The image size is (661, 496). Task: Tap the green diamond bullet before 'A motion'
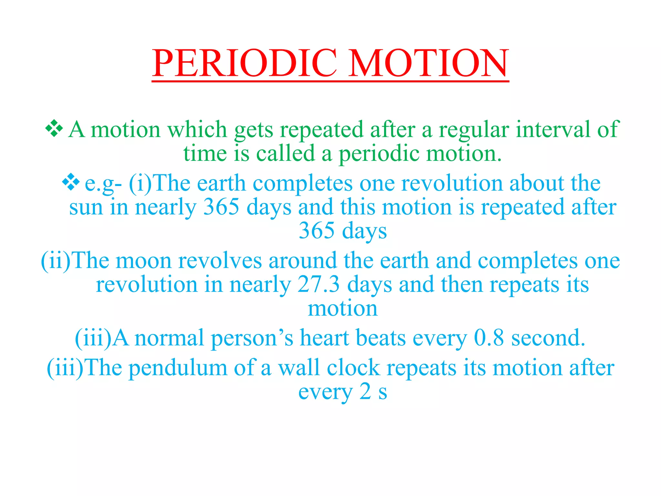pos(54,128)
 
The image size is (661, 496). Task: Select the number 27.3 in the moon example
pos(319,284)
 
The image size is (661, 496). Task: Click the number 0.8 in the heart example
pos(489,338)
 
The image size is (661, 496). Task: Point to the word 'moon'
pos(143,261)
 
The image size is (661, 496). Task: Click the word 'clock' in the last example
pos(353,368)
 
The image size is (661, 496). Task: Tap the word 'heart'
pos(324,338)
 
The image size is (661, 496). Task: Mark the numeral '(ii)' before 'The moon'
pos(56,261)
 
